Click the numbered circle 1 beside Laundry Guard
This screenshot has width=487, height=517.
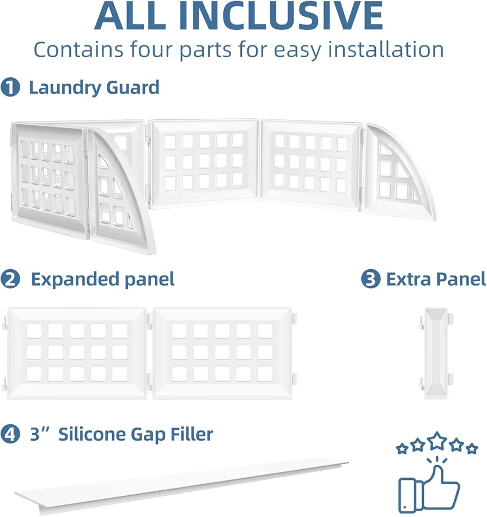(x=10, y=87)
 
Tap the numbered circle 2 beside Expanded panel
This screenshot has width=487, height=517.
(x=10, y=279)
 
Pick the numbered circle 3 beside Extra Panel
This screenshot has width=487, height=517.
(x=370, y=279)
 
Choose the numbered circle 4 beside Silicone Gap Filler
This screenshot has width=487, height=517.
(x=10, y=434)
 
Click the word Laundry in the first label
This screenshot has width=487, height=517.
(x=65, y=88)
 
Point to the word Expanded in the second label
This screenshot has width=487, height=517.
(x=73, y=280)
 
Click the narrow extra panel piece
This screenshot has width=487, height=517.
(x=436, y=354)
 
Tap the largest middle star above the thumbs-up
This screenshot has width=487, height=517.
(x=437, y=441)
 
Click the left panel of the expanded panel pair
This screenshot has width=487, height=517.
(x=76, y=354)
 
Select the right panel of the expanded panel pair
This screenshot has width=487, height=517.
(x=223, y=354)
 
